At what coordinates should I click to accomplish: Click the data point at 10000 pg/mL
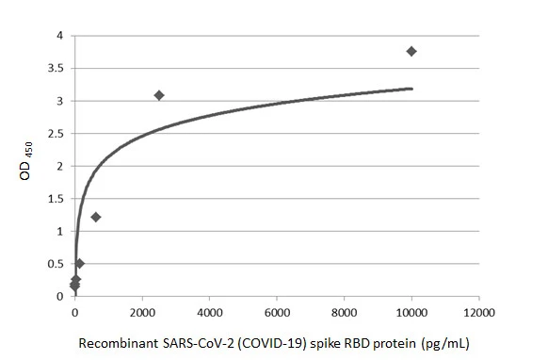[x=411, y=51]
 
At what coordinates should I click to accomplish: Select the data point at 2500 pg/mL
[x=159, y=95]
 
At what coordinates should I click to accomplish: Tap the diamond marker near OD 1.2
[x=95, y=217]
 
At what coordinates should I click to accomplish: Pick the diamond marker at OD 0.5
[x=79, y=263]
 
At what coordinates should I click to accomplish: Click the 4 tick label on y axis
[x=58, y=36]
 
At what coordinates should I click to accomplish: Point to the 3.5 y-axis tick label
[x=54, y=69]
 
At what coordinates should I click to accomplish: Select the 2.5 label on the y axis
[x=54, y=134]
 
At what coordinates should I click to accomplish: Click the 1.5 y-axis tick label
[x=54, y=199]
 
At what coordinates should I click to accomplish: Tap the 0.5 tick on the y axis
[x=54, y=264]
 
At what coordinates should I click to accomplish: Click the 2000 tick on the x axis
[x=142, y=312]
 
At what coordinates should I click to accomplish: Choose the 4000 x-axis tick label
[x=209, y=312]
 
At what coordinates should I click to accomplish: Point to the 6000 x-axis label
[x=277, y=312]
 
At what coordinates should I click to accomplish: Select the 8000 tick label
[x=344, y=312]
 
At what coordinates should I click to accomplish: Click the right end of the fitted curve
[x=411, y=89]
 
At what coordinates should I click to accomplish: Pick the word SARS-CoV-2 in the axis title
[x=190, y=343]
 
